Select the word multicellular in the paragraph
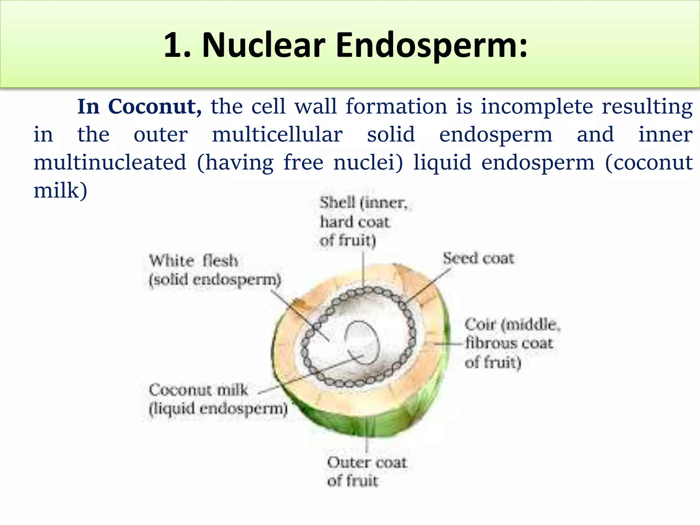tap(277, 134)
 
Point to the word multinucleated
tap(110, 162)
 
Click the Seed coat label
tap(478, 258)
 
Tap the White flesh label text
tap(193, 261)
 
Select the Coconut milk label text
tap(198, 390)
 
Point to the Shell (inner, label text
tap(364, 203)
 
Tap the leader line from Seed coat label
tap(429, 285)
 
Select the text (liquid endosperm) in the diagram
tap(218, 409)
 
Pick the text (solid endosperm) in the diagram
tap(215, 280)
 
